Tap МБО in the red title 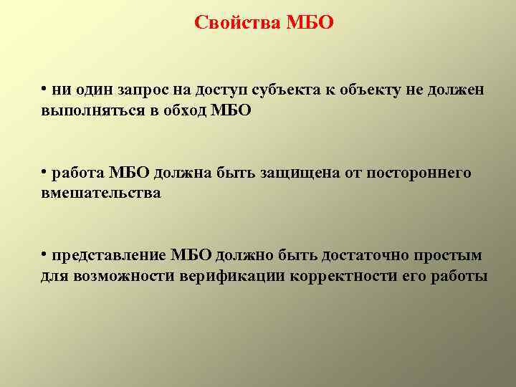tap(310, 23)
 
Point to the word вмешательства tap(100, 193)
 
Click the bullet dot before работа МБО tap(44, 171)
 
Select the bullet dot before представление tap(44, 254)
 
